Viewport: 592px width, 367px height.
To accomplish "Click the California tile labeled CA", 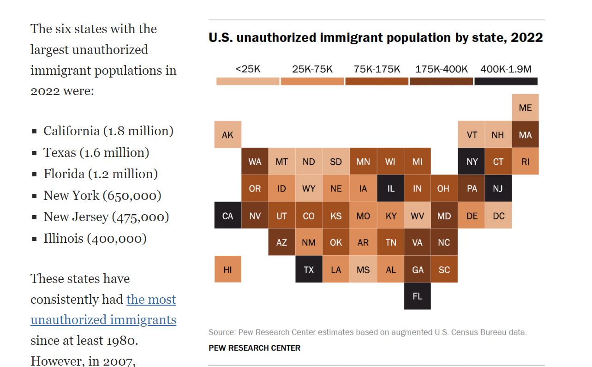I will click(x=227, y=216).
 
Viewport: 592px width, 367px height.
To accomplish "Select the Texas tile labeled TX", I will click(x=309, y=270).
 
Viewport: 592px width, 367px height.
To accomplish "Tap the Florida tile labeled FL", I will click(x=417, y=296).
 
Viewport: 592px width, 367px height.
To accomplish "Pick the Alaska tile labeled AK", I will click(x=227, y=135).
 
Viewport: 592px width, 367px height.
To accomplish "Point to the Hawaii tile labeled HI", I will click(x=227, y=270).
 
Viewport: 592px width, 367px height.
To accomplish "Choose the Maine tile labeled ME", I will click(x=525, y=108).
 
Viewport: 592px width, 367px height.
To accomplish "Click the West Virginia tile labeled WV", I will click(x=417, y=216).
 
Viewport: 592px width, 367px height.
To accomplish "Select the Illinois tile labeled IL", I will click(x=390, y=189).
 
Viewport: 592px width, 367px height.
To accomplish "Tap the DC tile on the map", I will click(x=498, y=216).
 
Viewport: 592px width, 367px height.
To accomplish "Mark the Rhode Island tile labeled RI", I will click(x=525, y=162).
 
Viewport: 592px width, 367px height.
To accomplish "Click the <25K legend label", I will click(x=248, y=69).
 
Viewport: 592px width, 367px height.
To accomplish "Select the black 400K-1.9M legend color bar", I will click(x=506, y=81).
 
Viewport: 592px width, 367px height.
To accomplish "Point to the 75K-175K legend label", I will click(x=377, y=69).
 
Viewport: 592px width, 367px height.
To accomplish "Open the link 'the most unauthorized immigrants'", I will click(x=103, y=310).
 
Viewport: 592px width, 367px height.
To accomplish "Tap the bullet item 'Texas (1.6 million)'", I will click(x=96, y=152).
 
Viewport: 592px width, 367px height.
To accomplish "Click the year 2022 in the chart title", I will click(x=526, y=37).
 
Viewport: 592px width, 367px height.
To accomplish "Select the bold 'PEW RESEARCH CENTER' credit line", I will click(x=254, y=348).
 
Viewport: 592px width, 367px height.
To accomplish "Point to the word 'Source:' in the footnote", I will click(x=222, y=332).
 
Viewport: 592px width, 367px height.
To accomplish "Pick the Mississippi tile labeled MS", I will click(x=363, y=270).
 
